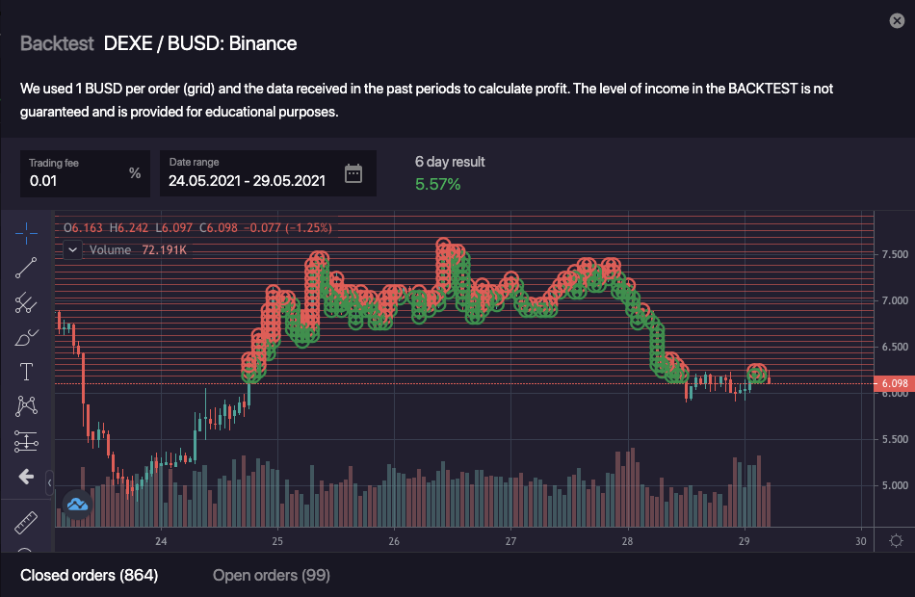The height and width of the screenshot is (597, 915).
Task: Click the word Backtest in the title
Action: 57,43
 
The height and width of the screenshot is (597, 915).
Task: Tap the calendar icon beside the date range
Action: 353,173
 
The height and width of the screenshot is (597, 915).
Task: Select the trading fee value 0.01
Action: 42,180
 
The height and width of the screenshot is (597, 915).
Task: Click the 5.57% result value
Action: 437,184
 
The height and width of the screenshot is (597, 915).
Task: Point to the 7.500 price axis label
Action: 894,254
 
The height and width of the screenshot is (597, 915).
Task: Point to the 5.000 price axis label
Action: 894,485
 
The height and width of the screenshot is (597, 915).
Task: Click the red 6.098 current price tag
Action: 894,383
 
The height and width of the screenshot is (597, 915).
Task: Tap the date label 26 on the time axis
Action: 394,542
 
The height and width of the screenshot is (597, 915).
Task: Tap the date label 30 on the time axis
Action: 860,542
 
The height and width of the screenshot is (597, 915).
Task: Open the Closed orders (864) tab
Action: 89,575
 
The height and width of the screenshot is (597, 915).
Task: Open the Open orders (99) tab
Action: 271,575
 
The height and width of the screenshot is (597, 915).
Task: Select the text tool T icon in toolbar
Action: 26,372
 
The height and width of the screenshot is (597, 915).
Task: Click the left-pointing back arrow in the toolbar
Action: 26,477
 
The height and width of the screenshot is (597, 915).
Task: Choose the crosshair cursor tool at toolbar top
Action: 26,232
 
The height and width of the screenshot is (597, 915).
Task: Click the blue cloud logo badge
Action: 77,504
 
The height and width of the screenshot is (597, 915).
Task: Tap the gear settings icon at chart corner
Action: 896,541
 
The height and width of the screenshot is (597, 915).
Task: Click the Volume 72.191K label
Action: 138,249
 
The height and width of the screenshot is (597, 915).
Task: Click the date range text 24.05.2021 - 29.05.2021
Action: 247,180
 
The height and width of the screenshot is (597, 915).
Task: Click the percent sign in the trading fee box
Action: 135,173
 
